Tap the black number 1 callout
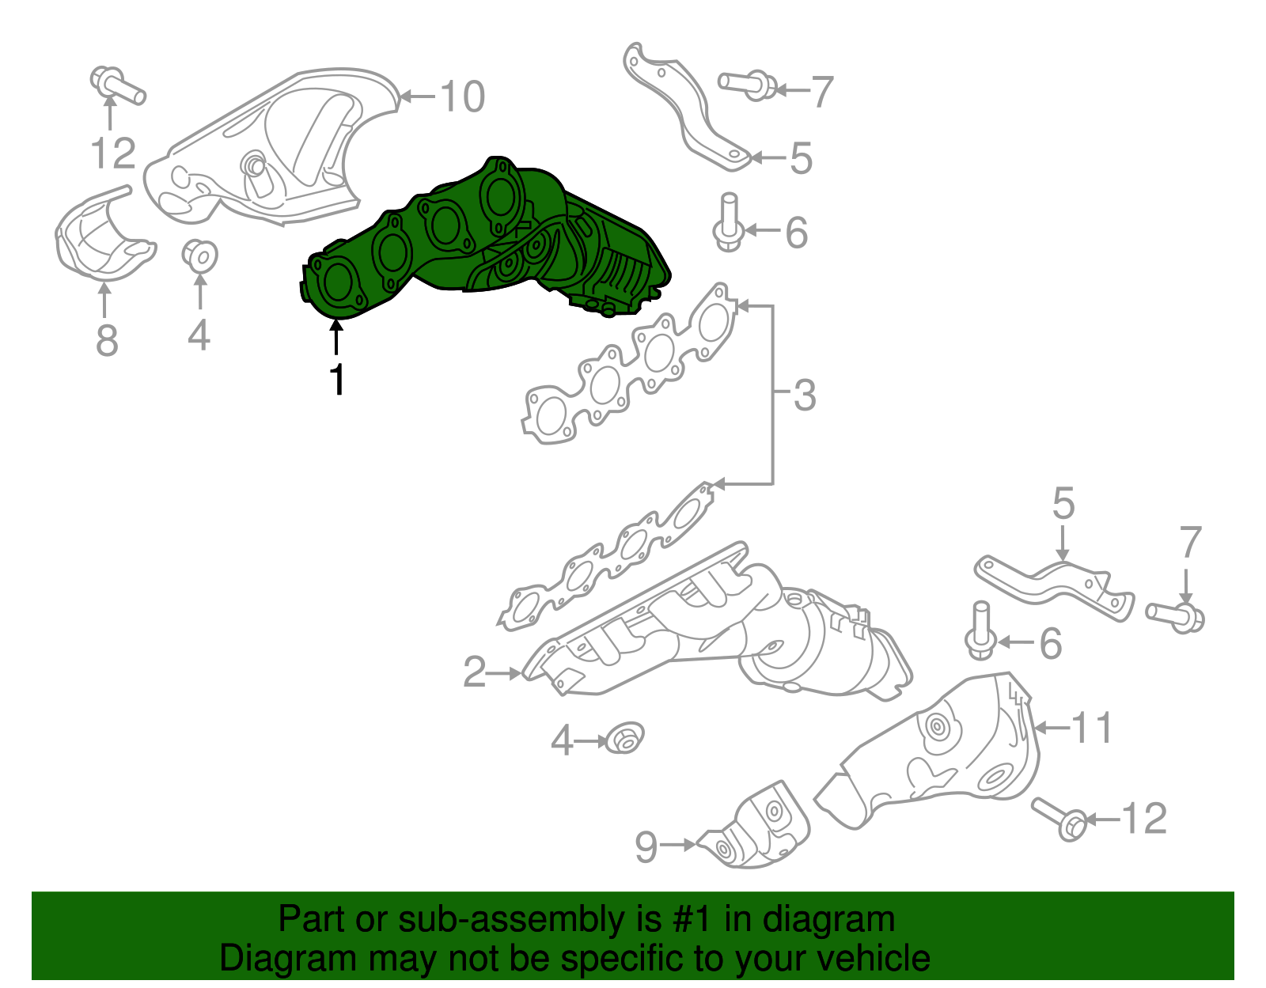pos(337,380)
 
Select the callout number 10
pos(461,97)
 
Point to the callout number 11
pos(1092,728)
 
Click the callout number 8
pos(106,341)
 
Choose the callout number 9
pos(646,847)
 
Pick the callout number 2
pos(474,672)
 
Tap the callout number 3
pos(804,396)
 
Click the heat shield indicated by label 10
pos(269,150)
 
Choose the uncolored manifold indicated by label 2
pos(712,633)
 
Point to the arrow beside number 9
pos(677,845)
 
